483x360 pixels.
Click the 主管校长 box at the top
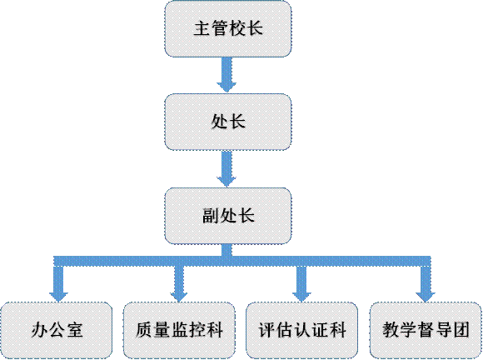point(228,28)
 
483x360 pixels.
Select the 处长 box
point(228,122)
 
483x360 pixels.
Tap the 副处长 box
point(228,216)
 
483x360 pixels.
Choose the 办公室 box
point(57,330)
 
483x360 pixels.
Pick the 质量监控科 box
point(179,330)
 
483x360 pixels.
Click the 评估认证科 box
point(301,330)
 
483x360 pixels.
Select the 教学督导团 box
point(426,330)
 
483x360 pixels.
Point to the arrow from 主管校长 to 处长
point(227,75)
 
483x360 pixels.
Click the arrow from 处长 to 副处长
point(227,168)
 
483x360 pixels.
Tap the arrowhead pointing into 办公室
point(58,297)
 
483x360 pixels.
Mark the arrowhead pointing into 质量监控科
point(179,297)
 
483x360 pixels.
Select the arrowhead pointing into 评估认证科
point(301,297)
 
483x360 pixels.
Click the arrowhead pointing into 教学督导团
point(426,297)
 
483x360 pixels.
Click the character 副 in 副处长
point(211,216)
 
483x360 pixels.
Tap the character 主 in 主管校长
point(202,28)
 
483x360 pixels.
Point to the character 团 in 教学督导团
point(461,330)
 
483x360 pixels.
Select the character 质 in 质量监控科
point(144,330)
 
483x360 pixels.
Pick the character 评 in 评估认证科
point(266,330)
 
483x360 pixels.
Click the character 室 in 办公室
point(74,330)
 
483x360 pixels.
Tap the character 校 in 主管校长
point(237,28)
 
